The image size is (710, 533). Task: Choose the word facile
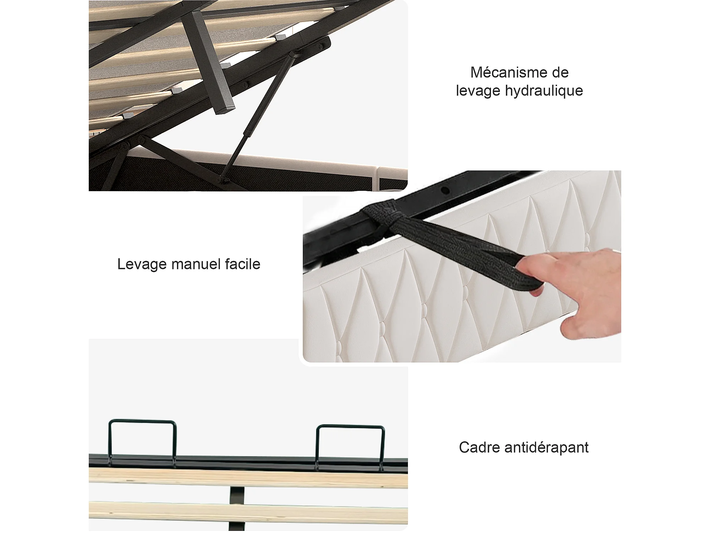pyautogui.click(x=242, y=264)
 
